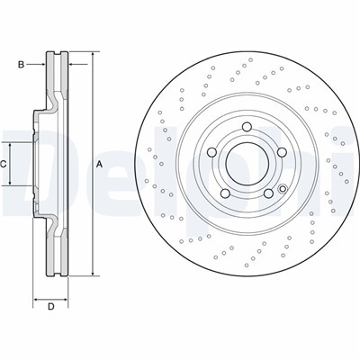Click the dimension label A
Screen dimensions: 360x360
(x=100, y=164)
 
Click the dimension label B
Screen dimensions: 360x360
(x=21, y=64)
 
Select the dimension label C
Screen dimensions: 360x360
(x=3, y=164)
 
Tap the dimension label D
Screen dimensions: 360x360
(x=51, y=306)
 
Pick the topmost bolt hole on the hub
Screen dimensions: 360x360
(x=247, y=127)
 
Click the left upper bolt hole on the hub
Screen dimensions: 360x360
(x=211, y=152)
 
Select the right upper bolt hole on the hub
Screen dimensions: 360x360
(x=282, y=152)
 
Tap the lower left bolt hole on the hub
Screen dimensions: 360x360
(x=225, y=193)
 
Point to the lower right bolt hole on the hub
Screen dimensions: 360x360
(x=268, y=193)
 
